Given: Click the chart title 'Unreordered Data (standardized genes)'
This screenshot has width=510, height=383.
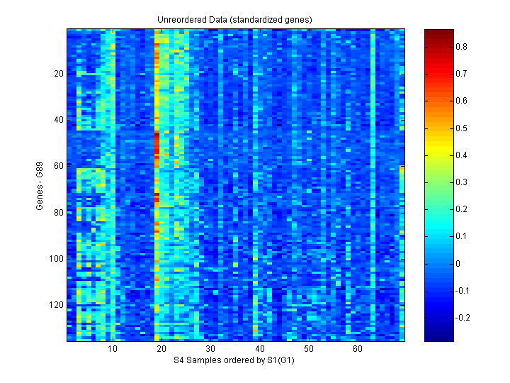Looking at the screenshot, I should click(x=234, y=19).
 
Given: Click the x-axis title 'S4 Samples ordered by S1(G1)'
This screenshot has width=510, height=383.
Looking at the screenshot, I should click(x=234, y=360).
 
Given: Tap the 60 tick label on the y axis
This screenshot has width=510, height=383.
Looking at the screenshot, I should click(x=59, y=166).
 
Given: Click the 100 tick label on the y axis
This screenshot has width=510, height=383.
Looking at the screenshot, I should click(x=57, y=259).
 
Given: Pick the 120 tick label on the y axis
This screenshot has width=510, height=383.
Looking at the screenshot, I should click(x=57, y=305).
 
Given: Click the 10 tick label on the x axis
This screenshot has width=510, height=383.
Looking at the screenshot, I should click(x=112, y=350).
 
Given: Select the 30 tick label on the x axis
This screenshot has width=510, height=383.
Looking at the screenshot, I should click(x=210, y=350).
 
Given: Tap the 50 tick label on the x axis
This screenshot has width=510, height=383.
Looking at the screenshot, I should click(x=308, y=350).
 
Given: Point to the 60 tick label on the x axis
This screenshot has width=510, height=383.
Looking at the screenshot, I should click(x=358, y=350).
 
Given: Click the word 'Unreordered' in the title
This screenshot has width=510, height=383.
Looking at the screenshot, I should click(x=180, y=19).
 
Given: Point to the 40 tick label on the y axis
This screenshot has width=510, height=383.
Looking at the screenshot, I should click(x=59, y=120).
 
